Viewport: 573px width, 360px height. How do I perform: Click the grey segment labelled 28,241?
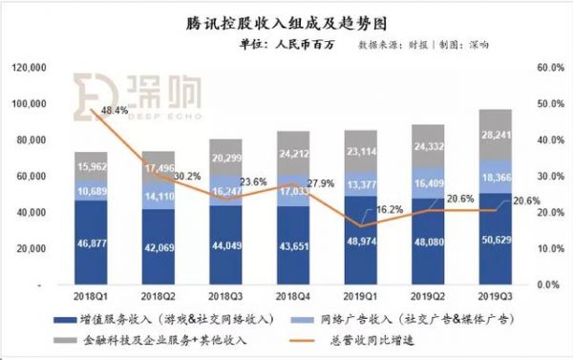495,134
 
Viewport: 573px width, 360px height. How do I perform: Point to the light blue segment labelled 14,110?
159,199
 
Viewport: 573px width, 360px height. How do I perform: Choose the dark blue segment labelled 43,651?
293,247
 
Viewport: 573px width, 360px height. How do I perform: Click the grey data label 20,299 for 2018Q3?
226,158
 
